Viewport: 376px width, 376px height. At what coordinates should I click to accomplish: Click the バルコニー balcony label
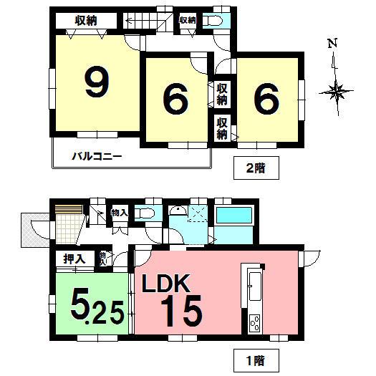96,155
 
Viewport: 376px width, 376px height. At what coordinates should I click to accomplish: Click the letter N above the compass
332,44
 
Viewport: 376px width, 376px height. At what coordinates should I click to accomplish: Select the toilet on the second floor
213,21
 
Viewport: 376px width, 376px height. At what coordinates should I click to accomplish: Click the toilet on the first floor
146,213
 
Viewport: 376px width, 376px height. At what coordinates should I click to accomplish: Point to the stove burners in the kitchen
254,324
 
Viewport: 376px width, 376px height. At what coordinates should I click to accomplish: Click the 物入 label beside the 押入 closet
103,259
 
